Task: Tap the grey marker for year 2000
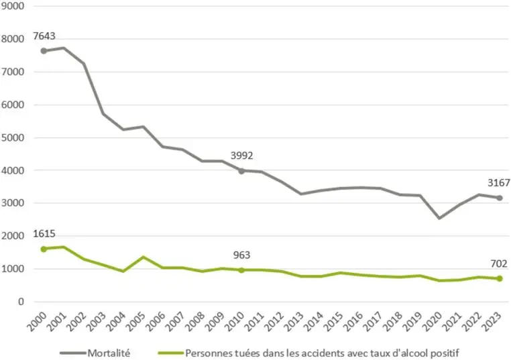[44, 51]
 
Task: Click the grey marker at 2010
[241, 170]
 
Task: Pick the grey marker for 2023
[499, 198]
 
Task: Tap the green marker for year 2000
[44, 249]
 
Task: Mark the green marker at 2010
[241, 270]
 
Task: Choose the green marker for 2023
[499, 279]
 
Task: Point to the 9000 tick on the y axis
[15, 6]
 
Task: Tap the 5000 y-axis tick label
[15, 137]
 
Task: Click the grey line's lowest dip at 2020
[439, 218]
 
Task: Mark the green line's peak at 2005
[143, 257]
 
